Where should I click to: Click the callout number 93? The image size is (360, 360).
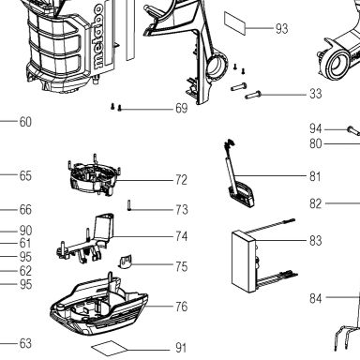[281, 28]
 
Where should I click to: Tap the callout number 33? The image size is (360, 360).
[316, 94]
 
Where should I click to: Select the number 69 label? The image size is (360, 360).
[182, 109]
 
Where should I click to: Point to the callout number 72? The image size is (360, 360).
[181, 180]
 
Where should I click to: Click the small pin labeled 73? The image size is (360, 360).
[128, 205]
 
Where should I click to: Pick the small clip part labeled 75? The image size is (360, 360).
[125, 262]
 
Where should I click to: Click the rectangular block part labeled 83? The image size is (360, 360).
[245, 262]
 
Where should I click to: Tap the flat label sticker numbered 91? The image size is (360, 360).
[110, 348]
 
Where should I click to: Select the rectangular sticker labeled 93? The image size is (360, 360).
[234, 22]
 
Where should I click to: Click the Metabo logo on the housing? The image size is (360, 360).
[98, 37]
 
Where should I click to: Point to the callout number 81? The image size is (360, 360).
[315, 176]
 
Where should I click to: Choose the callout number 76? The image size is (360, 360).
[182, 307]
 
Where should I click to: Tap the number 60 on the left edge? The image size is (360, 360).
[25, 122]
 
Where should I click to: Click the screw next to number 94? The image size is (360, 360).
[353, 130]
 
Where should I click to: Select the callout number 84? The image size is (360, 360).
[316, 298]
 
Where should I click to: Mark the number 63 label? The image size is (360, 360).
[25, 343]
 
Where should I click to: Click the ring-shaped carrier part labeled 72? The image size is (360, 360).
[95, 175]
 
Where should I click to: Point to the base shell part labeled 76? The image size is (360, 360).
[98, 309]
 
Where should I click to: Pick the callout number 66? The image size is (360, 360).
[25, 209]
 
